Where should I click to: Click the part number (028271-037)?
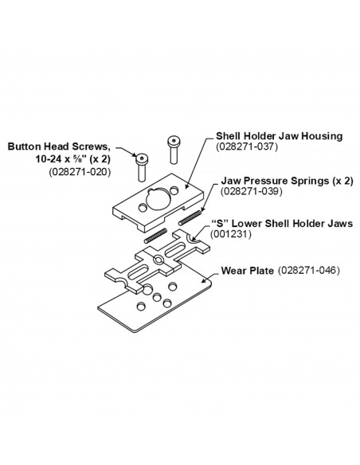247,147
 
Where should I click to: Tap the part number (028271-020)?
80,172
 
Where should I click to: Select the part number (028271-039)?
251,191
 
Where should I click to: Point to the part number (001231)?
231,234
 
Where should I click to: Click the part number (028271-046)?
309,271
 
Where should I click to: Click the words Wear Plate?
248,271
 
